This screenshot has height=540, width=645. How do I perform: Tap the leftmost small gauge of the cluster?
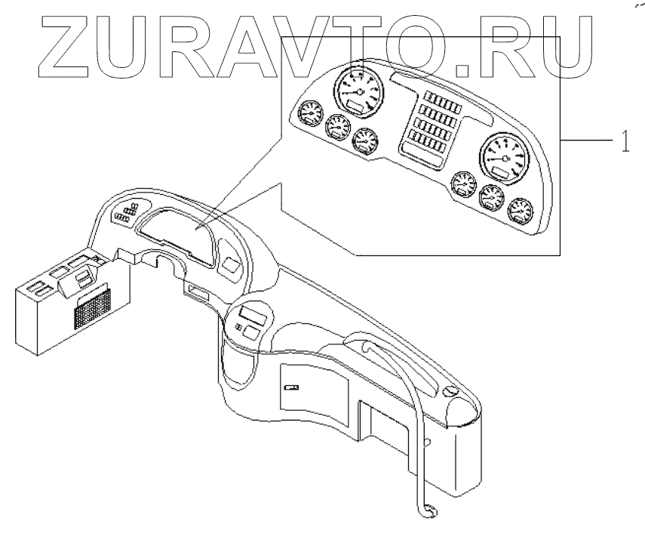(x=309, y=116)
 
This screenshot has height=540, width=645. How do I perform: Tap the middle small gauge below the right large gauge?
(x=491, y=198)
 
